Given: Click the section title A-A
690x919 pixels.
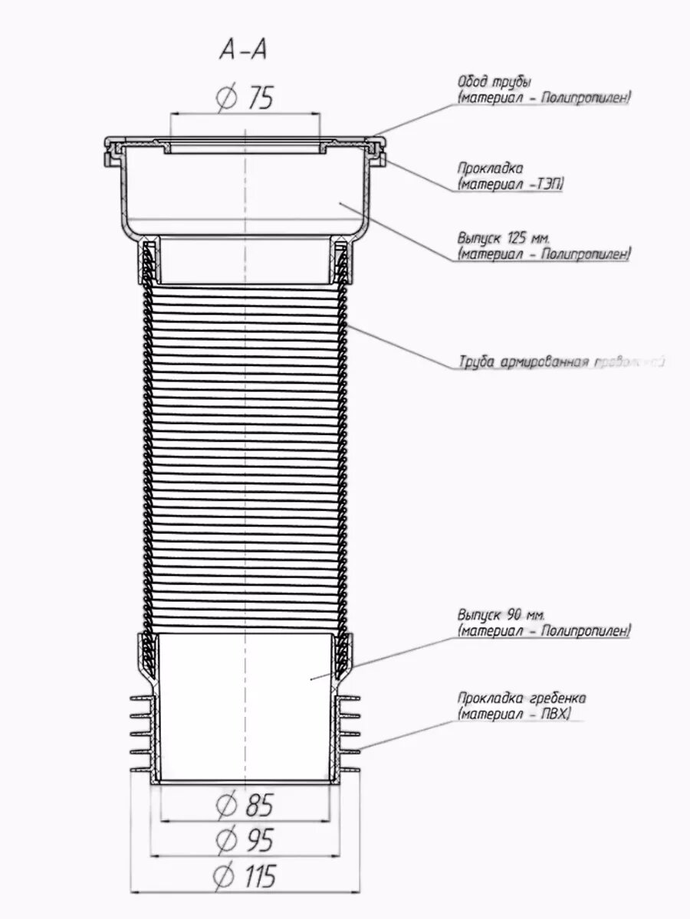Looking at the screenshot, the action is [x=244, y=51].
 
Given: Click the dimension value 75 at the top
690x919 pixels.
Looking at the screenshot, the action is [x=258, y=98].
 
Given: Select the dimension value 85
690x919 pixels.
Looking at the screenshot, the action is [x=258, y=805].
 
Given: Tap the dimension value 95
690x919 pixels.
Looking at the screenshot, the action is [x=258, y=840].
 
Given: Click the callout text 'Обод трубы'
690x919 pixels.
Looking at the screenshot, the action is [x=494, y=82].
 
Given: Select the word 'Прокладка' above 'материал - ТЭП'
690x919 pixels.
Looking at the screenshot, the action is [x=491, y=168].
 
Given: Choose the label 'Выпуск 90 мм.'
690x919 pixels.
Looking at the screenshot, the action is [x=503, y=615].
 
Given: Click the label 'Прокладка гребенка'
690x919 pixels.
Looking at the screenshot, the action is [x=521, y=698].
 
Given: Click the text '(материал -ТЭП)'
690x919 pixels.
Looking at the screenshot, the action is [x=510, y=184].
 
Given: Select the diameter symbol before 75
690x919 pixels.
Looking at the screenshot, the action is [x=225, y=98].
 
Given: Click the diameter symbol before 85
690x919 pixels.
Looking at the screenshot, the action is [x=225, y=805].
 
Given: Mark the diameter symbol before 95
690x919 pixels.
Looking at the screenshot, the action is [x=225, y=840].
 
